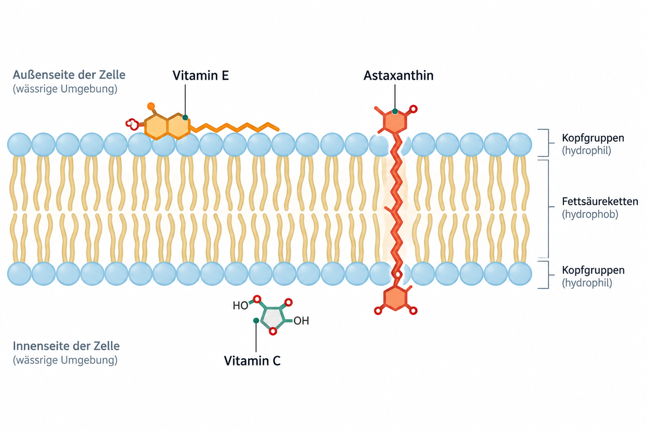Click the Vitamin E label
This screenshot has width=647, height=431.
(201, 75)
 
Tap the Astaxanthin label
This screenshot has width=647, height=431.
(398, 75)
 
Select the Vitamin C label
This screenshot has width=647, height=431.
(252, 361)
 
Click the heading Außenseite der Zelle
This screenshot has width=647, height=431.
(69, 75)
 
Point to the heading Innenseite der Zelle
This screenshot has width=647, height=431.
(66, 346)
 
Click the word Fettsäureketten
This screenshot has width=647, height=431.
(600, 201)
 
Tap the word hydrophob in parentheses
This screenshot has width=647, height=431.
(590, 214)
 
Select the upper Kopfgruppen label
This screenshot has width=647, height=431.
(593, 138)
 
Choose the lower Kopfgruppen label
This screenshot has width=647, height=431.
(593, 270)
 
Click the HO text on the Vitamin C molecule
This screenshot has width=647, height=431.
(240, 305)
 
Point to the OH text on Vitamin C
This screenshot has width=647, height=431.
(301, 321)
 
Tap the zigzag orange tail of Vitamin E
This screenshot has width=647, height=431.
(235, 128)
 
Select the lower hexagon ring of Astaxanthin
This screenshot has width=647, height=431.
(395, 298)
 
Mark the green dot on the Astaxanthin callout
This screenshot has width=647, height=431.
(395, 112)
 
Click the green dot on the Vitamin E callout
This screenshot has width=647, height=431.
(185, 117)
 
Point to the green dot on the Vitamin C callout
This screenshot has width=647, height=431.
(256, 321)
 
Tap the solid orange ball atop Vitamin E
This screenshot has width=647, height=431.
(151, 106)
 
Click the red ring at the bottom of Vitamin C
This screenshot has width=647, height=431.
(273, 331)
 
